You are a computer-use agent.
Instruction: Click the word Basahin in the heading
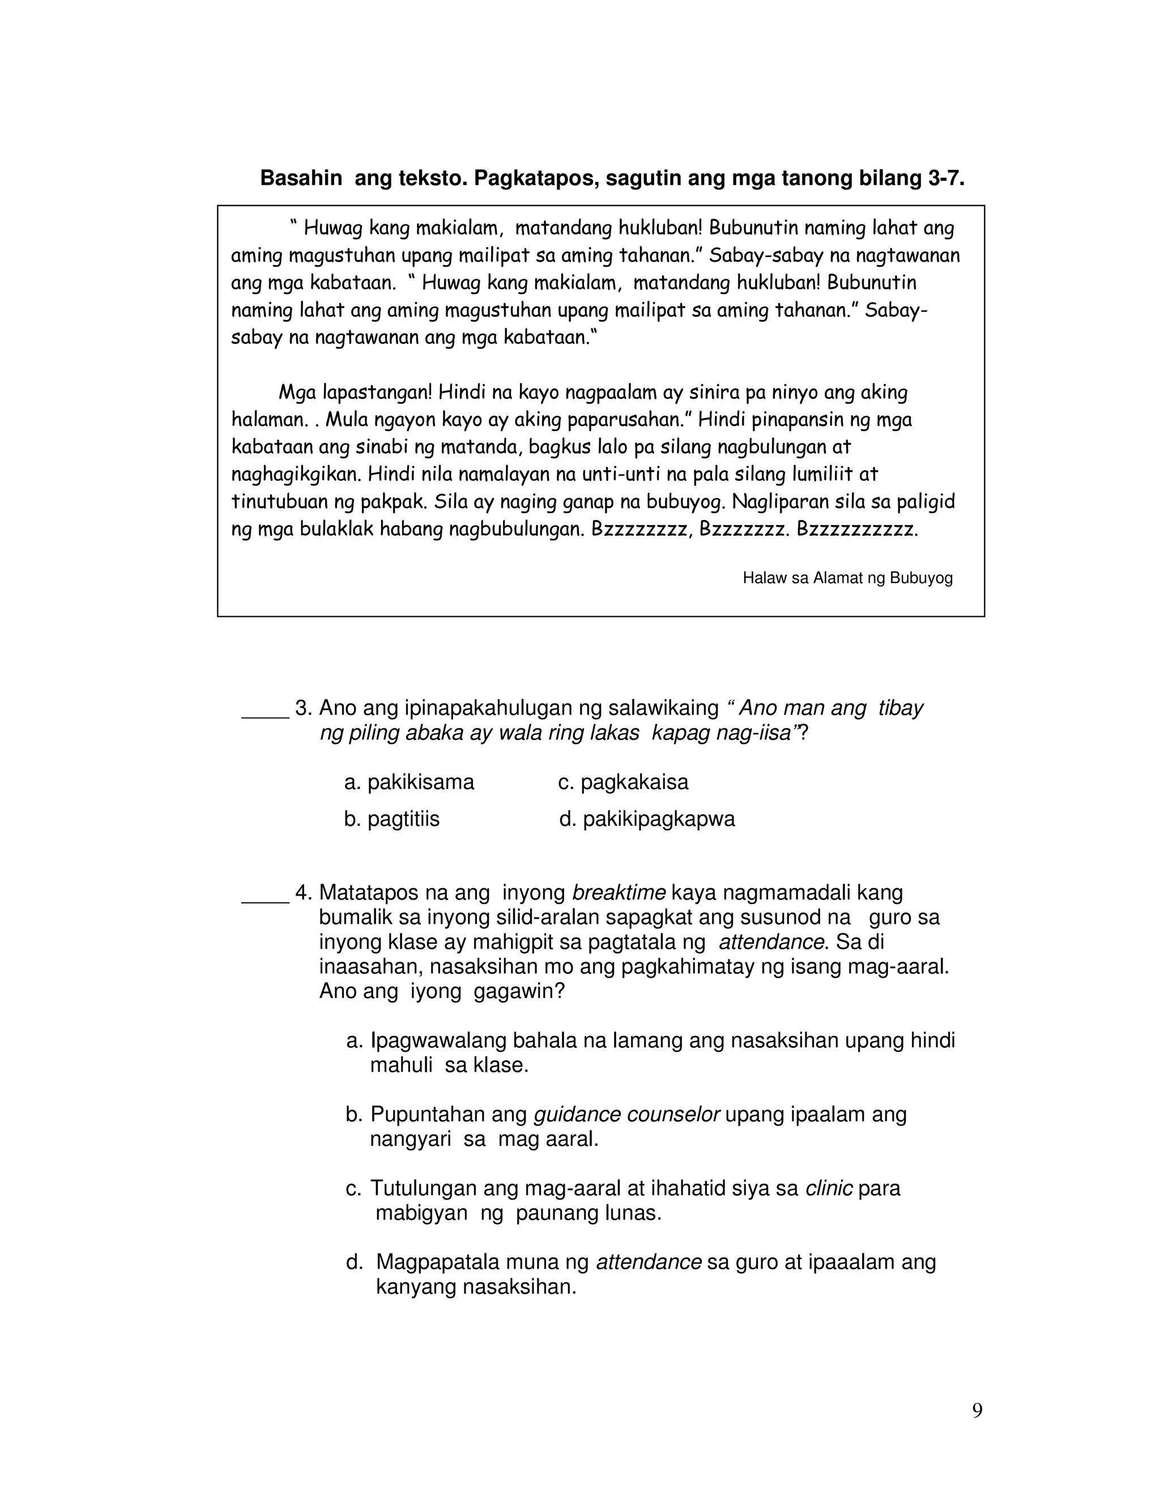(x=300, y=178)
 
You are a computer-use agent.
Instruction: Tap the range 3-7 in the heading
(x=945, y=178)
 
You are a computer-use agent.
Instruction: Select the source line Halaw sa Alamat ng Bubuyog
(x=847, y=578)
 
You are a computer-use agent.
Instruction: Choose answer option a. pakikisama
(x=409, y=782)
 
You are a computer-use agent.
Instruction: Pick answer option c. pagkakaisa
(x=622, y=782)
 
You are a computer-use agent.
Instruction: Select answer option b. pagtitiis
(x=392, y=819)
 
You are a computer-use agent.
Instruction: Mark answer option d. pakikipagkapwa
(x=647, y=819)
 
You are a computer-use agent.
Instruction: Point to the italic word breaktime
(x=619, y=893)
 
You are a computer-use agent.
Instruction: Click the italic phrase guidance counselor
(x=626, y=1114)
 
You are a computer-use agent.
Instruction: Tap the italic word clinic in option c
(x=829, y=1188)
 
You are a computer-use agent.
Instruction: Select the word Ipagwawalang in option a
(x=438, y=1041)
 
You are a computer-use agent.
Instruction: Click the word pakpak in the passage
(x=399, y=502)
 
